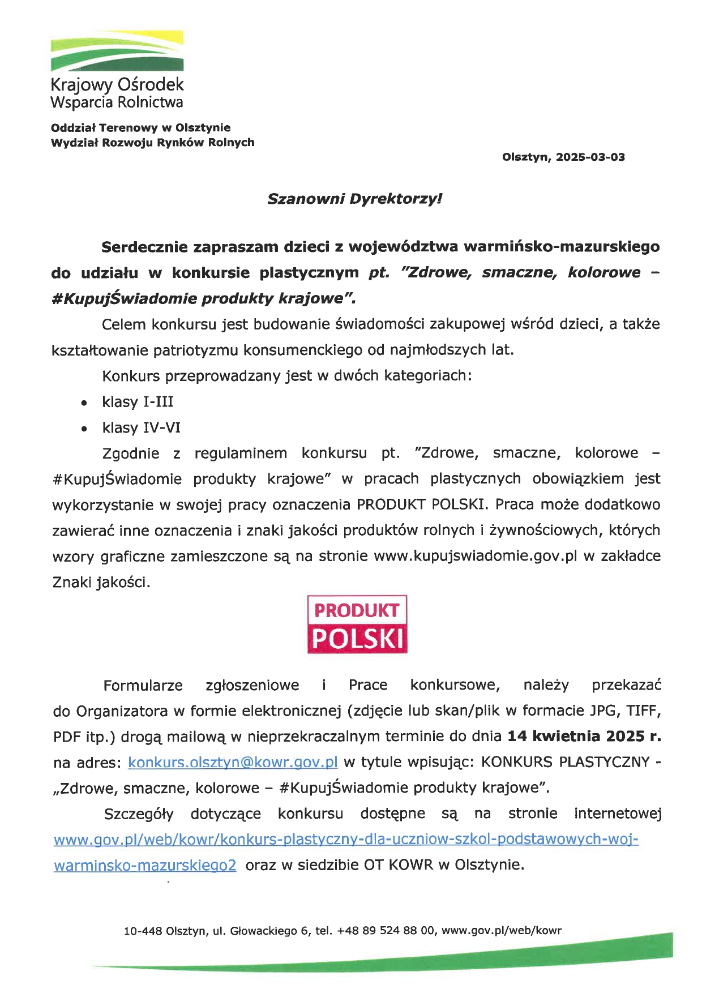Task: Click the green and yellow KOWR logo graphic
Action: click(x=117, y=51)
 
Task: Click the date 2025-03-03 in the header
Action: click(x=590, y=157)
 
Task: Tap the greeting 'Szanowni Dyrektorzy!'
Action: click(x=354, y=199)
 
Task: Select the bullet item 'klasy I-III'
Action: click(x=138, y=402)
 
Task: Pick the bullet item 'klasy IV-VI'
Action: click(x=141, y=427)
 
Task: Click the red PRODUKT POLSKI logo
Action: click(x=357, y=624)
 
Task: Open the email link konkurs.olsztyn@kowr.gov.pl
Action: click(x=233, y=762)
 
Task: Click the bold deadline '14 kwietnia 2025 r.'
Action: click(x=584, y=736)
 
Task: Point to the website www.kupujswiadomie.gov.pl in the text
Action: click(x=476, y=556)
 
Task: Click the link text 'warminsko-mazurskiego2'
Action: click(x=145, y=865)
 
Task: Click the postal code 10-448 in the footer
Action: click(x=142, y=931)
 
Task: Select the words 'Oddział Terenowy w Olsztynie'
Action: click(x=141, y=128)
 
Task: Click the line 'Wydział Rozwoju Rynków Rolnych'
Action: click(x=153, y=143)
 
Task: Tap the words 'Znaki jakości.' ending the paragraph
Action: click(x=101, y=582)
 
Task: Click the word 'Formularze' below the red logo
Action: click(x=143, y=686)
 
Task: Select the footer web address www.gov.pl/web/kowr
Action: click(x=501, y=931)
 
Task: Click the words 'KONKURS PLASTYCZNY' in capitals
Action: click(x=565, y=762)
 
